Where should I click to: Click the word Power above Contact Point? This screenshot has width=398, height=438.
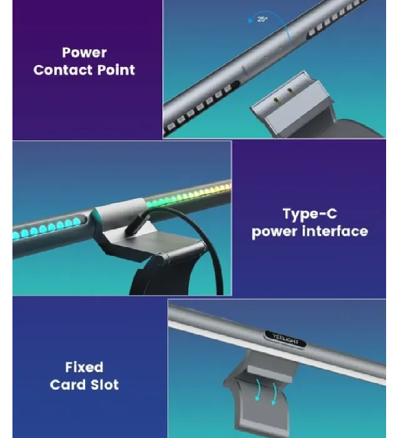[84, 53]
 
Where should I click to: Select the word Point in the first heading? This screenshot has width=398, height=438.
[116, 70]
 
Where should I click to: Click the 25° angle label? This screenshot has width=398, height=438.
[262, 19]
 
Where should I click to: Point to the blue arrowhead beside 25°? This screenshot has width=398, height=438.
[251, 20]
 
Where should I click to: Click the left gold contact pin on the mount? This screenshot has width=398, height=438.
[276, 100]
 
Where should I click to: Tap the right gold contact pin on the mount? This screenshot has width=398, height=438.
[290, 91]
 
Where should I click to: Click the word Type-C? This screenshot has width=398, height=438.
[310, 214]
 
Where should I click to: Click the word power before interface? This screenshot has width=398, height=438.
[275, 232]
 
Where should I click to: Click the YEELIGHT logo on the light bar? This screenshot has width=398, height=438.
[285, 339]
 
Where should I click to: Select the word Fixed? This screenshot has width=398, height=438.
[84, 367]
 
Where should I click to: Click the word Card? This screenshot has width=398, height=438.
[66, 385]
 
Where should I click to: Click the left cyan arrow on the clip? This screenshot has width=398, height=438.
[258, 390]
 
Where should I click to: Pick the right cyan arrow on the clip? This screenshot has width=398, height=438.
[275, 394]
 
